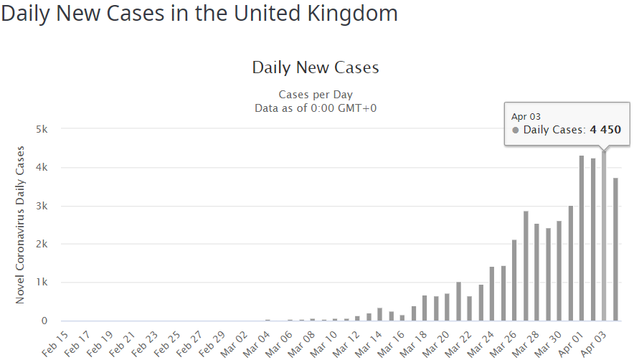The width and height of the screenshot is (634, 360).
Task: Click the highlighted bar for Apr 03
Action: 604,236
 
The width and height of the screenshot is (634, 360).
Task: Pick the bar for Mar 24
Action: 492,294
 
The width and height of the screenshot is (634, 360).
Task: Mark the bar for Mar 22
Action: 469,308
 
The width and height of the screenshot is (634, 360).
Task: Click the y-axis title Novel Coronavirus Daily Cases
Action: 21,224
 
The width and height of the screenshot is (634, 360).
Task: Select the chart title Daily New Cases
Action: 316,68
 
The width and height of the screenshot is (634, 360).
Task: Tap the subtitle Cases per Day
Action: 316,95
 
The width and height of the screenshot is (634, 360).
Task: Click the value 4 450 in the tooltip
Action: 605,130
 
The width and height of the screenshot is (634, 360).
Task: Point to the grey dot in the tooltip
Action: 516,130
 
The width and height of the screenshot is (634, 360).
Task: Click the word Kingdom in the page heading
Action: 349,14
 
